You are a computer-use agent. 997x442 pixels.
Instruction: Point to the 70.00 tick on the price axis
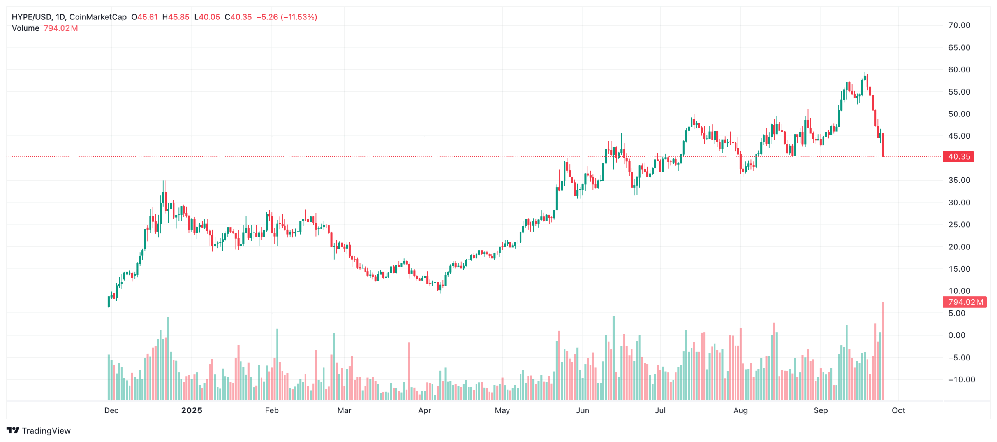pyautogui.click(x=959, y=25)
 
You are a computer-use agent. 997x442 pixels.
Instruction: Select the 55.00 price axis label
pyautogui.click(x=959, y=92)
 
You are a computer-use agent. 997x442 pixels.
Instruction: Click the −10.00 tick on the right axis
pyautogui.click(x=961, y=379)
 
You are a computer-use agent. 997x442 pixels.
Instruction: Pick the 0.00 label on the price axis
pyautogui.click(x=956, y=335)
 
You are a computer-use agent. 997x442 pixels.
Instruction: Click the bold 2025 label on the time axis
pyautogui.click(x=192, y=410)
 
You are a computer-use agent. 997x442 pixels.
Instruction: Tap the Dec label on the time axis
pyautogui.click(x=111, y=410)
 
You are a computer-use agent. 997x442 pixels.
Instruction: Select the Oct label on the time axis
pyautogui.click(x=898, y=410)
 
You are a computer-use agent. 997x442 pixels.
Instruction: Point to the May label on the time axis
pyautogui.click(x=502, y=410)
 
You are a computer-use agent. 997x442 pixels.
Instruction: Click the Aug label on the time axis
pyautogui.click(x=740, y=410)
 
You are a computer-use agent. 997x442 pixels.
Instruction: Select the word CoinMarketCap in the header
pyautogui.click(x=98, y=17)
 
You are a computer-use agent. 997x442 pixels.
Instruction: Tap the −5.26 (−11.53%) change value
pyautogui.click(x=287, y=17)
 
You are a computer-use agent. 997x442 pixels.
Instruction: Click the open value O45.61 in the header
pyautogui.click(x=144, y=17)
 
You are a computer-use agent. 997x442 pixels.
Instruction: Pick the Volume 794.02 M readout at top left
pyautogui.click(x=45, y=28)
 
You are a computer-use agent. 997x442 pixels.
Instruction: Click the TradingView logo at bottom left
pyautogui.click(x=39, y=430)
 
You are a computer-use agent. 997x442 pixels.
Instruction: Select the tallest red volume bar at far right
pyautogui.click(x=883, y=350)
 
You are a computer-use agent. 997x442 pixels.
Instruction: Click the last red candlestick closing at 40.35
pyautogui.click(x=883, y=145)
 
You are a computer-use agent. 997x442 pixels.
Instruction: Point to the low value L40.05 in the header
pyautogui.click(x=207, y=17)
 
